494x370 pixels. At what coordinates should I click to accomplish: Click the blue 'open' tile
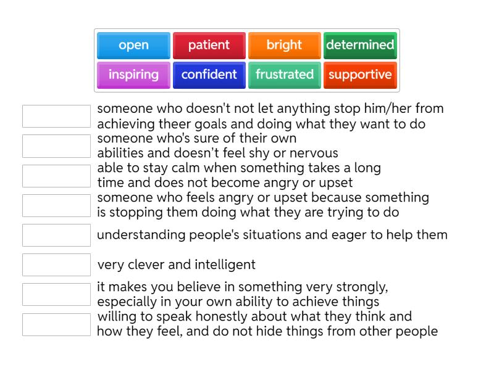click(x=133, y=45)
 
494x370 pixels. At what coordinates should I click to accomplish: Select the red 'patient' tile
click(x=209, y=45)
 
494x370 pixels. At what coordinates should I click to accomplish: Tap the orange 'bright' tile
click(x=284, y=45)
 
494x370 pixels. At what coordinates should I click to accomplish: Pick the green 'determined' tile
click(x=360, y=45)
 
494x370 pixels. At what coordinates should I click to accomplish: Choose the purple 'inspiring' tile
click(x=133, y=75)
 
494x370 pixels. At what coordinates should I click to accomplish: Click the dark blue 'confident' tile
click(x=209, y=75)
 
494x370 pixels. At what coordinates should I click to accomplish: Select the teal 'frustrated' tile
click(x=284, y=75)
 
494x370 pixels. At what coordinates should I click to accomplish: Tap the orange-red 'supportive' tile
click(x=360, y=75)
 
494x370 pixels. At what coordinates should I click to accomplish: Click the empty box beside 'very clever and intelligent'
click(x=56, y=265)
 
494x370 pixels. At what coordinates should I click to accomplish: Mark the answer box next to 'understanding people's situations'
click(x=56, y=235)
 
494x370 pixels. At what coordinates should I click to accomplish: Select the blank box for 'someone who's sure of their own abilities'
click(x=56, y=146)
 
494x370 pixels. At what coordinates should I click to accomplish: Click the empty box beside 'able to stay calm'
click(x=56, y=176)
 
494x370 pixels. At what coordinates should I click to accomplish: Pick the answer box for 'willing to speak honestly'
click(x=56, y=324)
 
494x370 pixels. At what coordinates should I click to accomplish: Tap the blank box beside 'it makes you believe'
click(x=56, y=294)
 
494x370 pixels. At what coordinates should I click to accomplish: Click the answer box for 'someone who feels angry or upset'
click(x=56, y=205)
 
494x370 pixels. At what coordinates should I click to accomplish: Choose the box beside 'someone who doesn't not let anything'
click(x=56, y=116)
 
